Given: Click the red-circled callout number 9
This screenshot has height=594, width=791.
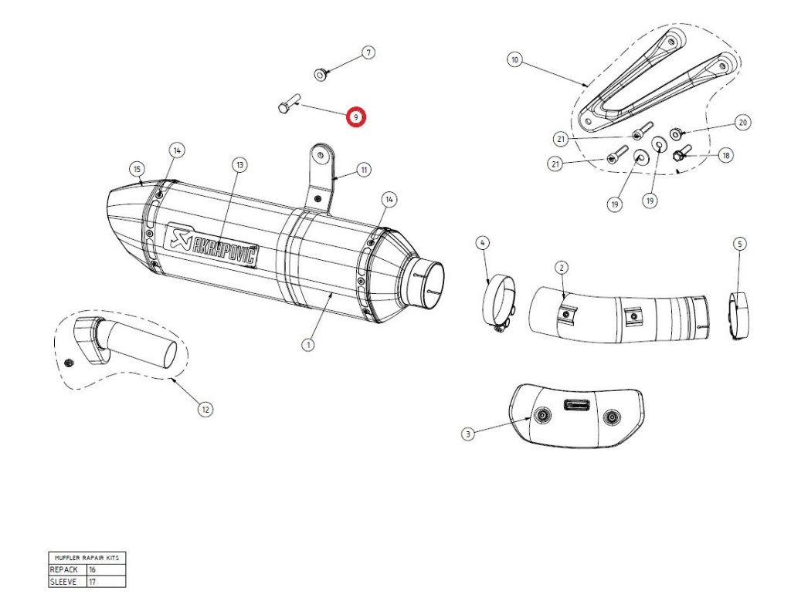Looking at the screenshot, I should [355, 117].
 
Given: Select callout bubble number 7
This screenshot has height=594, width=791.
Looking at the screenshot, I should [368, 53].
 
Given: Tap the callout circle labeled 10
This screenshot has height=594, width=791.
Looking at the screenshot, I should [515, 59].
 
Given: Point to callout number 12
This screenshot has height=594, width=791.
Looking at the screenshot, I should [205, 410].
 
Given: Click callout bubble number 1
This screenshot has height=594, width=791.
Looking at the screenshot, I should [308, 344].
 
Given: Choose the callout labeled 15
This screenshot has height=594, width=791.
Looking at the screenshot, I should [137, 169].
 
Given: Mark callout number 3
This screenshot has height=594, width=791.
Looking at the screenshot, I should [467, 434].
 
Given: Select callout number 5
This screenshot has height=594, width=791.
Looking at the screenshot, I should [739, 245].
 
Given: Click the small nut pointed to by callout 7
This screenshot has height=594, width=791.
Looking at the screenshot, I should [321, 74].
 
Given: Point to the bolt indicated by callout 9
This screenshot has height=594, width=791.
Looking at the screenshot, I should [286, 106].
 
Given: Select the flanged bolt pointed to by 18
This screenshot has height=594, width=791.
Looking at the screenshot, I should [681, 153].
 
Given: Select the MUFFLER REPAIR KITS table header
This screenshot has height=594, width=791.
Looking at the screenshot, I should [86, 557].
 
